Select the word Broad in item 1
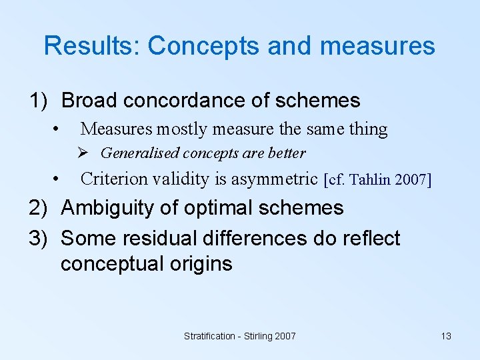pos(89,101)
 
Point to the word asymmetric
pos(274,179)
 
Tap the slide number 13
pos(446,337)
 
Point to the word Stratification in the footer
pos(209,337)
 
